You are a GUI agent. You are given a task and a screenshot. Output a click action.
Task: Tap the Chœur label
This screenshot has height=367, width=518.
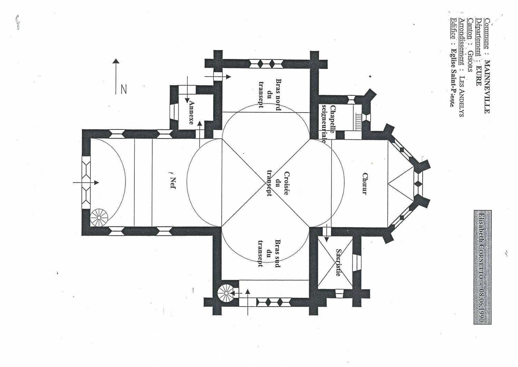point(364,184)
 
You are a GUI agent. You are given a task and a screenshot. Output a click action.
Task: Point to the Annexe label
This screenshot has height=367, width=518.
point(191,112)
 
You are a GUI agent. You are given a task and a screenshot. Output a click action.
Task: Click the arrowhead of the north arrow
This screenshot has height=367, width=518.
point(116,61)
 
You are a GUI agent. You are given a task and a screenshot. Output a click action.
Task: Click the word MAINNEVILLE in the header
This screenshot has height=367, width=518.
point(487,86)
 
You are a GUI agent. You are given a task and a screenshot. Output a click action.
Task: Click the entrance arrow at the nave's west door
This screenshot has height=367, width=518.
point(86,182)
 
